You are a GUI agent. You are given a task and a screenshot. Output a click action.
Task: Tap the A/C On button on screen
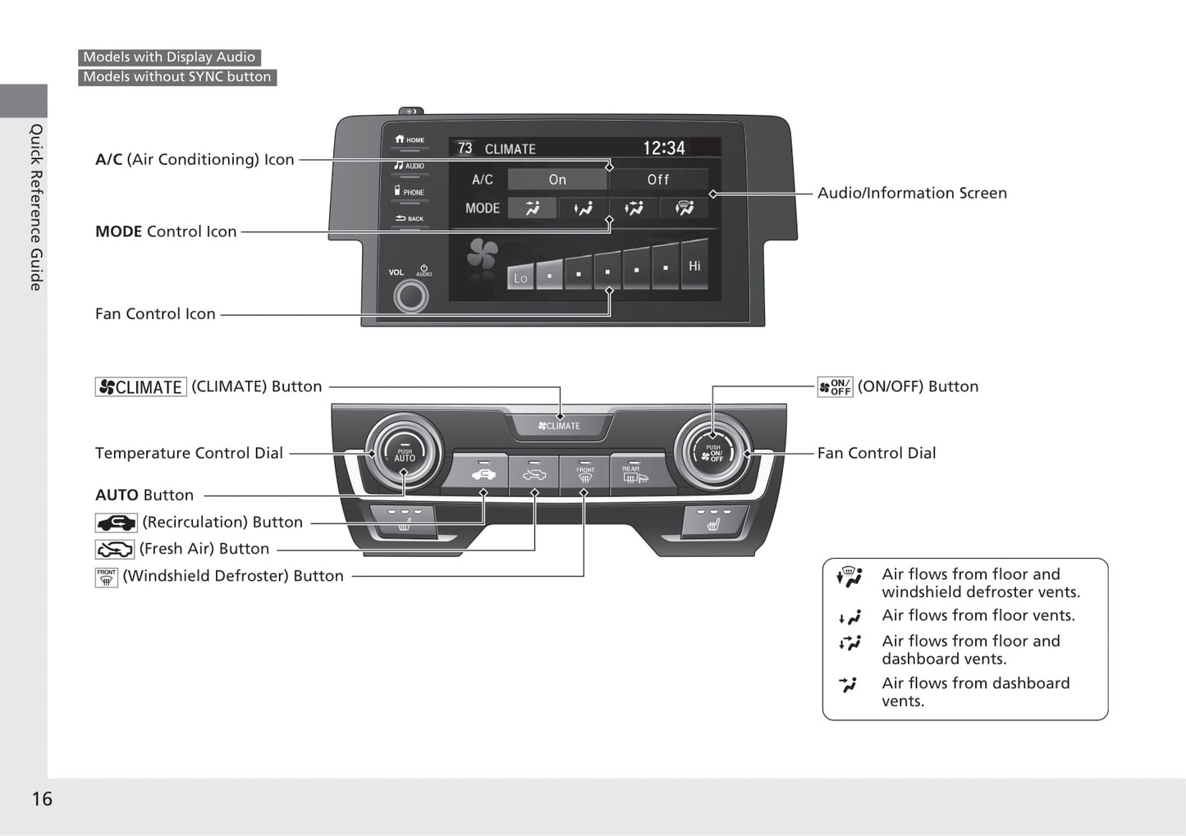(x=557, y=180)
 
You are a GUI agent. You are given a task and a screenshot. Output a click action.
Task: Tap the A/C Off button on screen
(x=658, y=180)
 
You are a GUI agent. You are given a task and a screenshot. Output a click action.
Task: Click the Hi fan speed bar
(x=694, y=265)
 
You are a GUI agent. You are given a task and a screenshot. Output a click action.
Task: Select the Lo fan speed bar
(x=520, y=277)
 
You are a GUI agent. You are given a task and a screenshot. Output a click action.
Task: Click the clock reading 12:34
(x=663, y=148)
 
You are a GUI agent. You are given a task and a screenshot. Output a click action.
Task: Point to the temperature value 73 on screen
(x=465, y=148)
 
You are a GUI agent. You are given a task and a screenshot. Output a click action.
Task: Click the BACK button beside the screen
(x=410, y=218)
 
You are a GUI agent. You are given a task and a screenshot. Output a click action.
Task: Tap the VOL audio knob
(x=410, y=295)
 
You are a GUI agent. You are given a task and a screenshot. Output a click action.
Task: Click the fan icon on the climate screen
(x=483, y=255)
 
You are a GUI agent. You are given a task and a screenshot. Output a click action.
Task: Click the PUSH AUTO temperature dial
(x=404, y=454)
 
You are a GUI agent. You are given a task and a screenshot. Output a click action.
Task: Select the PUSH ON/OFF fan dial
(x=712, y=454)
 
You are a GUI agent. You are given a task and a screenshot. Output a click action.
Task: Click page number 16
(x=42, y=799)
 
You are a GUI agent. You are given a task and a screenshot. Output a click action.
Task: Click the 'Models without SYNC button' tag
(x=177, y=77)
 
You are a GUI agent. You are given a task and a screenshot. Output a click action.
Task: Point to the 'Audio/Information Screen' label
(x=912, y=193)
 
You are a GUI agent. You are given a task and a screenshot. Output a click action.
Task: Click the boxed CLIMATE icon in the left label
(x=141, y=387)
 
